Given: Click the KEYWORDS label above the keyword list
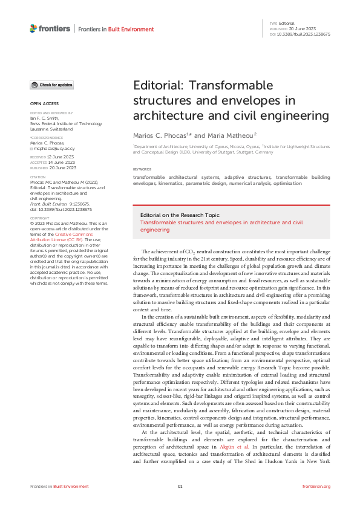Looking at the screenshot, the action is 143,169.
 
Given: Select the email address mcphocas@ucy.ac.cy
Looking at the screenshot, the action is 54,148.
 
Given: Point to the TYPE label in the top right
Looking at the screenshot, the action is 273,23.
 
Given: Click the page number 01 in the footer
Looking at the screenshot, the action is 180,487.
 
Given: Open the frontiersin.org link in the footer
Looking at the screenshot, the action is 316,487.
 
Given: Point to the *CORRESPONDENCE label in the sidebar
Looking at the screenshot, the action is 44,138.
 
